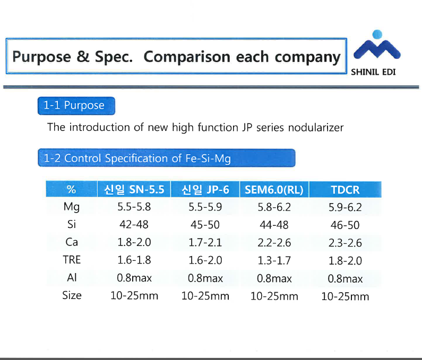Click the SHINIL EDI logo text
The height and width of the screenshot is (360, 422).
[x=373, y=72]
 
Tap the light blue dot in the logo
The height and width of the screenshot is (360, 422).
[x=377, y=34]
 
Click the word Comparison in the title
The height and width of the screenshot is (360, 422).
[x=187, y=57]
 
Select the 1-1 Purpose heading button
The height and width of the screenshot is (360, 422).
[x=76, y=106]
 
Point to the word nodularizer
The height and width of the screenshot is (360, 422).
[x=316, y=127]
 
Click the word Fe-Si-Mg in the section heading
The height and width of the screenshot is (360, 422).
[x=208, y=159]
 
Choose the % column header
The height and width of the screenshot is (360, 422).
[x=71, y=189]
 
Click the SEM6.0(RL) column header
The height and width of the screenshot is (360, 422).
[x=274, y=190]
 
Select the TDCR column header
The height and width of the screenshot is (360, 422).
[x=346, y=190]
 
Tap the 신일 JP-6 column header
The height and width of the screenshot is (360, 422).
[x=205, y=190]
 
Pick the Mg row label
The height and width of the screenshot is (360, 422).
[x=72, y=207]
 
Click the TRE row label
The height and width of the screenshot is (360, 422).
[x=72, y=260]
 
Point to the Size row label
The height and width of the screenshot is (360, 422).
[x=72, y=295]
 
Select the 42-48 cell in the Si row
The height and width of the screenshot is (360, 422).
[x=134, y=224]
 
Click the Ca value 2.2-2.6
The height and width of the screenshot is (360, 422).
[x=274, y=243]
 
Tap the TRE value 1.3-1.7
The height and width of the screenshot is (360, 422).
[x=274, y=260]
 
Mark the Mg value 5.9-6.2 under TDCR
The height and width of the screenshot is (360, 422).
[x=346, y=207]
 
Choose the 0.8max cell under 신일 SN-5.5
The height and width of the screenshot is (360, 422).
[x=134, y=278]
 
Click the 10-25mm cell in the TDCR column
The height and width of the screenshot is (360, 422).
[x=346, y=296]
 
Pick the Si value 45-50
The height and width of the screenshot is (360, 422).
[x=205, y=225]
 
